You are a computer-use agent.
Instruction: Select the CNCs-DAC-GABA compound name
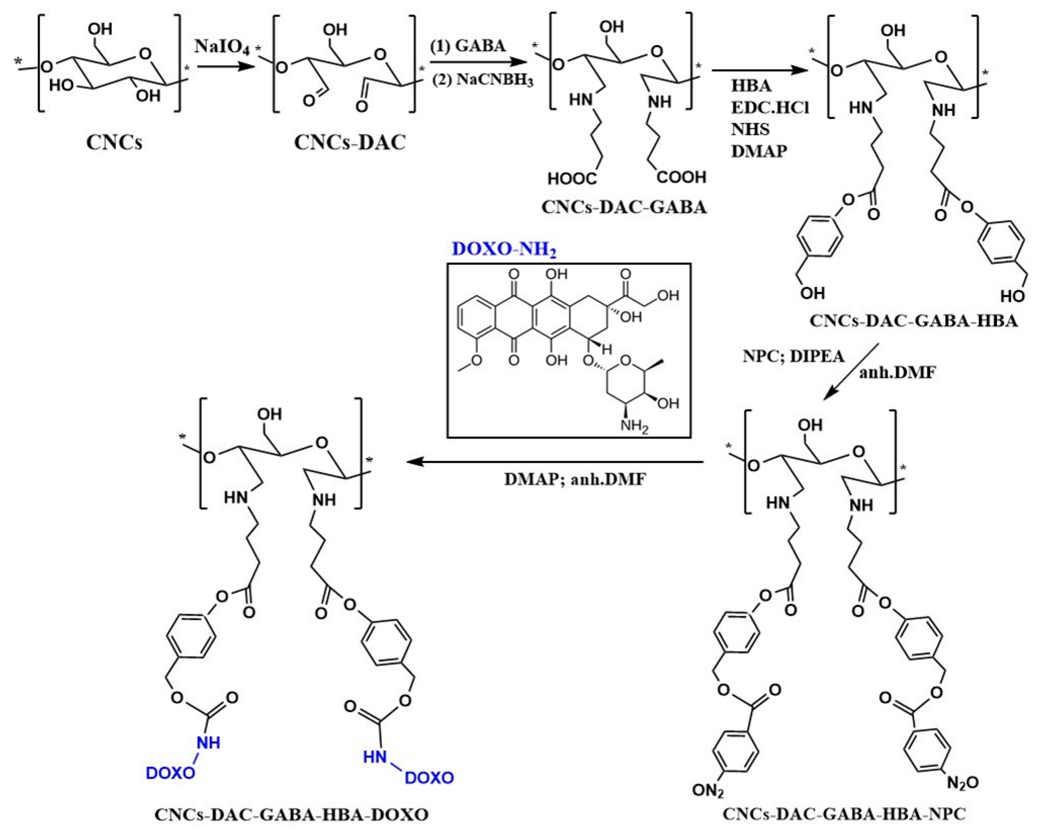tap(624, 207)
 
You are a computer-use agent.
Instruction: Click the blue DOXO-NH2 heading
tap(503, 249)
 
